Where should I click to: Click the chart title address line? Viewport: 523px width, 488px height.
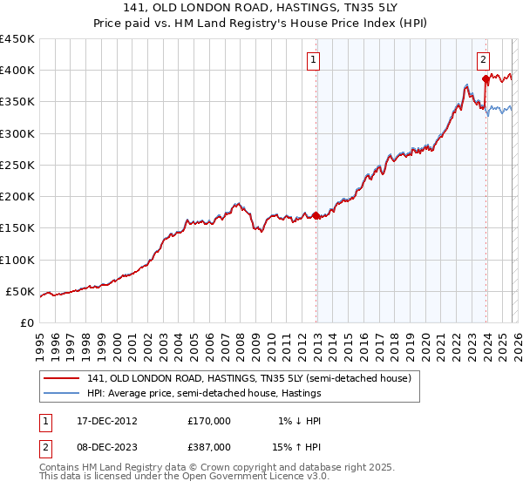coord(261,9)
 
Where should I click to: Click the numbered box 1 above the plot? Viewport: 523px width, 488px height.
coord(312,60)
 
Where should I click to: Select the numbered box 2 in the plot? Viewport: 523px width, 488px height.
coord(482,60)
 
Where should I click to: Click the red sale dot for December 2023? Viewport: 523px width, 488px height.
coord(485,79)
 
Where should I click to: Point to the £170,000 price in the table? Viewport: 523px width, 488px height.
coord(209,420)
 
